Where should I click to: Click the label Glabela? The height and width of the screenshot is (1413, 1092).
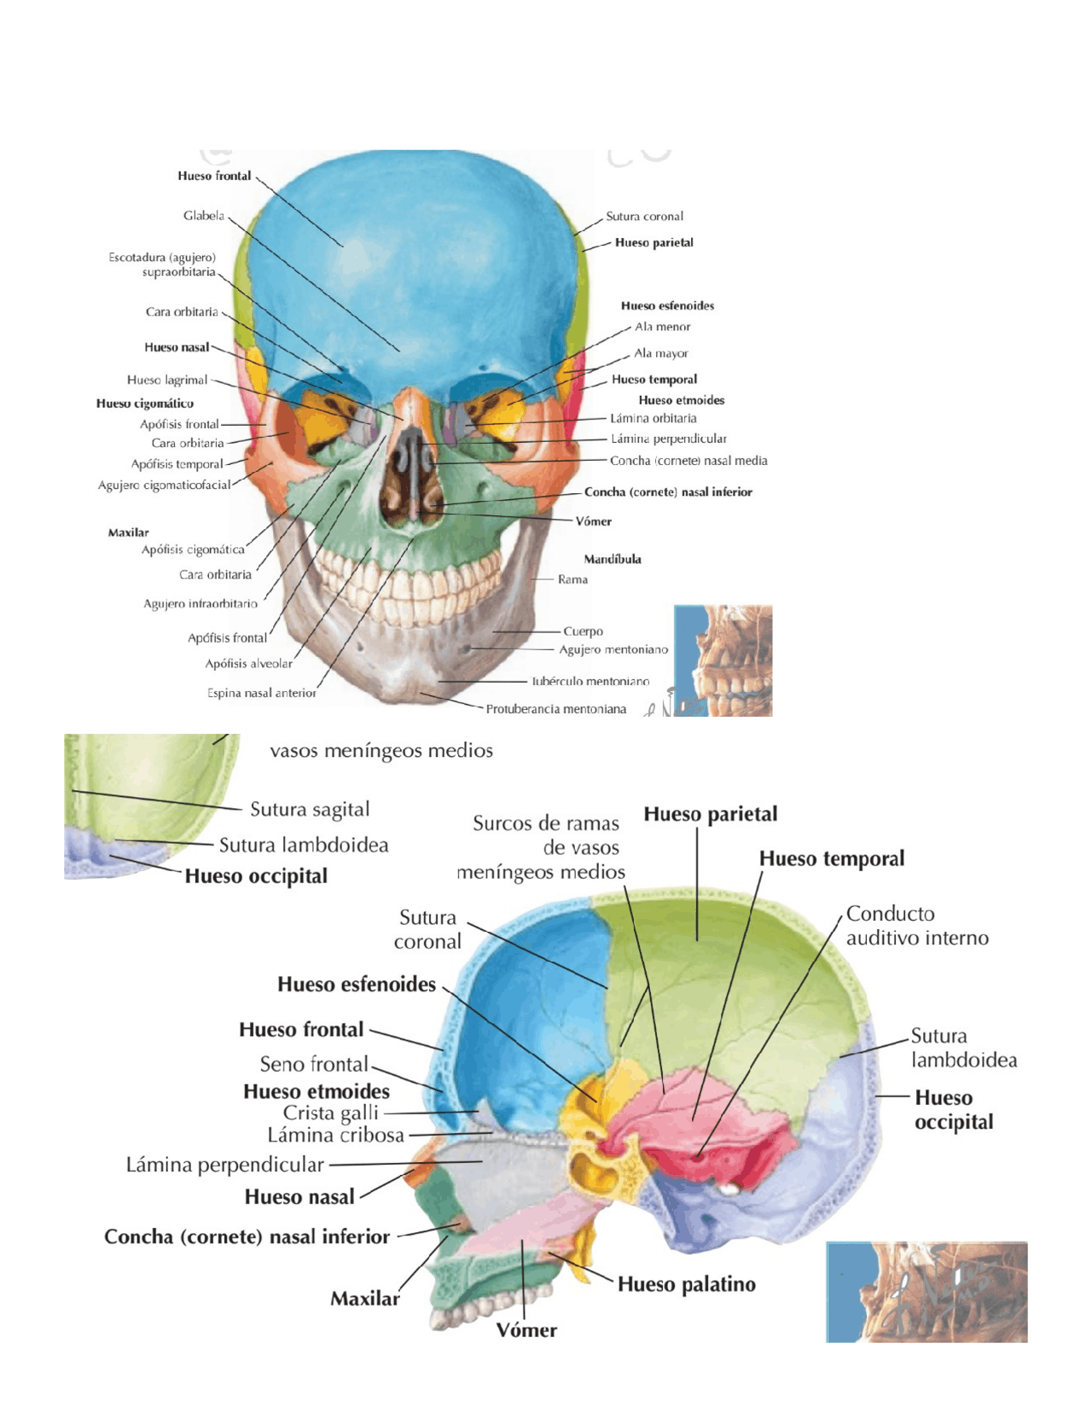[x=204, y=216]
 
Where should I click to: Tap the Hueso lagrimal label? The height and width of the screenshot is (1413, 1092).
[x=167, y=381]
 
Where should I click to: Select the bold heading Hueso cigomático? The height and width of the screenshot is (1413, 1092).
[x=144, y=404]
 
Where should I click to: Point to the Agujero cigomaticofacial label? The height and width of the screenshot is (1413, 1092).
[x=164, y=486]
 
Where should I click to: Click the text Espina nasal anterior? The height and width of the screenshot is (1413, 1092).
[x=261, y=694]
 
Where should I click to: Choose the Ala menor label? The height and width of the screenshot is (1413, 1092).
[x=662, y=327]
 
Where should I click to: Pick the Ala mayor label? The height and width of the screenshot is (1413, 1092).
[x=660, y=353]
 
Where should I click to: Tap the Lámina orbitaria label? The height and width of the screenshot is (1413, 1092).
[x=653, y=418]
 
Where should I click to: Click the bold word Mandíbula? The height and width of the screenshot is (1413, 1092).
[x=613, y=560]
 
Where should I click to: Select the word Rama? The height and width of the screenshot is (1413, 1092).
[x=572, y=579]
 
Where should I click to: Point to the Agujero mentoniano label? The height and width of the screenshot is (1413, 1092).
[x=613, y=650]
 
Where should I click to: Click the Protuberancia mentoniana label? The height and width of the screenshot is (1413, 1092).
[x=555, y=709]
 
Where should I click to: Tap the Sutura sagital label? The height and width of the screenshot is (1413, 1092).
[x=310, y=810]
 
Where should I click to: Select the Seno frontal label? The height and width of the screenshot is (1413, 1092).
[x=314, y=1064]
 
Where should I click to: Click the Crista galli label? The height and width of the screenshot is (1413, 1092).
[x=330, y=1114]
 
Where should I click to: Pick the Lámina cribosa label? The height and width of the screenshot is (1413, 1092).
[x=335, y=1136]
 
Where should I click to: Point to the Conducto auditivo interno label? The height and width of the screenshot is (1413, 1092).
[x=917, y=926]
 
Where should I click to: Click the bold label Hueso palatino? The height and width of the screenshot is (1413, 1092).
[x=686, y=1284]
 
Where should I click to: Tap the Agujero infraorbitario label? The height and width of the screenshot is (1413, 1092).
[x=200, y=604]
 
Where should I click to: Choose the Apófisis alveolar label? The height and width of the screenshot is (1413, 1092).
[x=248, y=664]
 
